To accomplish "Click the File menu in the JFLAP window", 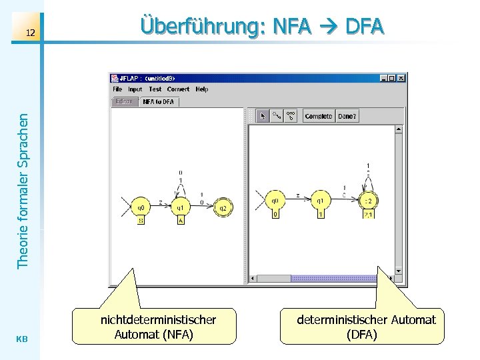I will coord(117,89).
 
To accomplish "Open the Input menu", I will coord(135,89).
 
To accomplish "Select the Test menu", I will coord(155,89).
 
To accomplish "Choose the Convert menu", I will coord(178,89).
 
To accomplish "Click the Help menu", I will coord(202,89).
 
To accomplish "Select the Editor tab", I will coord(124,102).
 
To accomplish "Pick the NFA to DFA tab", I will coord(158,102).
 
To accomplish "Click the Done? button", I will coord(347,116).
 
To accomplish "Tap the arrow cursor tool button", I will coord(263,116).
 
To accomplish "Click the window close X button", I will coord(401,78).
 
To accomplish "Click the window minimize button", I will coord(384,78).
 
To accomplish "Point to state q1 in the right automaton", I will coord(320,201).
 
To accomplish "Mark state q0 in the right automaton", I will coord(275,201).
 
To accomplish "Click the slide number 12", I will coord(29,33).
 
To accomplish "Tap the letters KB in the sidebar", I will coord(21,339).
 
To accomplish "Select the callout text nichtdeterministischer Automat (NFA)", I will coord(157,327).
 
